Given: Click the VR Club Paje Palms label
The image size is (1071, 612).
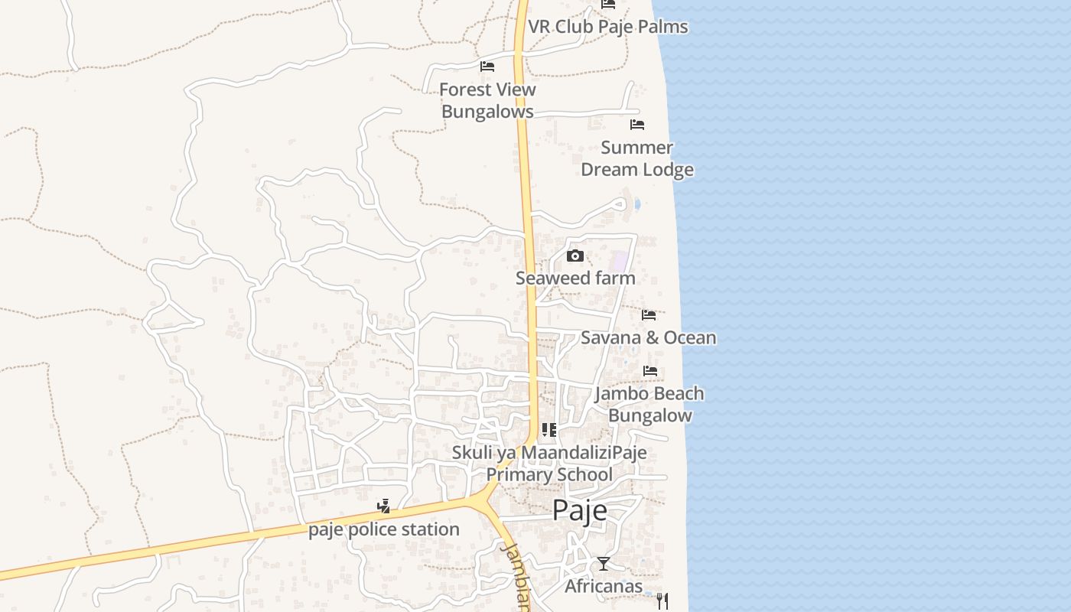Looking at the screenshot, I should [x=607, y=27].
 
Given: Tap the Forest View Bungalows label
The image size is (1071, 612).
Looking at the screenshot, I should [x=487, y=100].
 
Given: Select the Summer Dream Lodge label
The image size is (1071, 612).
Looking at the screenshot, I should [x=637, y=158].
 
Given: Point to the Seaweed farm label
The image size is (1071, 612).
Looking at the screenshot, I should [x=575, y=278].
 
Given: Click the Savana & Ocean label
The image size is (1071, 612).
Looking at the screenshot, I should [x=649, y=337].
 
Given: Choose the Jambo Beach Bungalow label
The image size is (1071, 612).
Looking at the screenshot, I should [x=649, y=404].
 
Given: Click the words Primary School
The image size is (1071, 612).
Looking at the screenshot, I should [x=549, y=474].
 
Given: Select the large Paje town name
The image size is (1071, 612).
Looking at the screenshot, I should [x=580, y=510].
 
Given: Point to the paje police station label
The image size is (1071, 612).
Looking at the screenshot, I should [x=384, y=529].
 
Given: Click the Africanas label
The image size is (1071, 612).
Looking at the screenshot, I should [x=604, y=587].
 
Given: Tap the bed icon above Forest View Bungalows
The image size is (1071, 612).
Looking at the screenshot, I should [x=487, y=67].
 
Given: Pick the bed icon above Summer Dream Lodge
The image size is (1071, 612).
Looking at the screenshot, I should [x=637, y=124].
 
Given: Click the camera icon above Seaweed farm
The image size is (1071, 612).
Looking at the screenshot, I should [x=575, y=256].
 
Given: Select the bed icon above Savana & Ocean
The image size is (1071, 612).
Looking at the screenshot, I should [x=649, y=314].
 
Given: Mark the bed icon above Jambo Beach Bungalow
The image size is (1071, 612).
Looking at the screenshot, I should [x=650, y=370].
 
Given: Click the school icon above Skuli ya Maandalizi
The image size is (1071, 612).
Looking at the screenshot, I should [x=549, y=429].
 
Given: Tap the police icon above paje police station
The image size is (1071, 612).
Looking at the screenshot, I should [x=384, y=506].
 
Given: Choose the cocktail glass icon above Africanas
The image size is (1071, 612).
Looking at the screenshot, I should [x=604, y=564].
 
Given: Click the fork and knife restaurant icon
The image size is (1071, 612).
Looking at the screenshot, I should [x=662, y=601].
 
